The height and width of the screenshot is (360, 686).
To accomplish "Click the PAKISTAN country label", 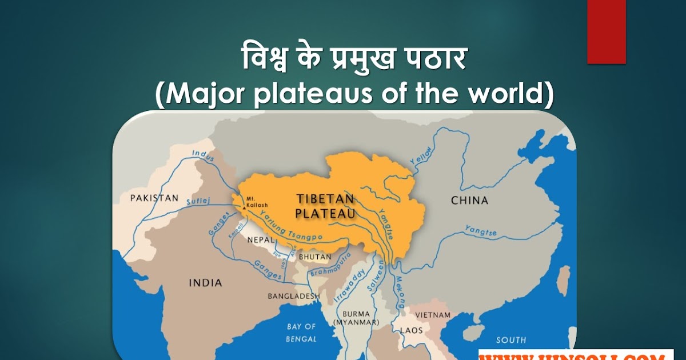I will [154, 198].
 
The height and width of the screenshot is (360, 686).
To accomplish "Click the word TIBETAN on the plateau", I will [325, 199].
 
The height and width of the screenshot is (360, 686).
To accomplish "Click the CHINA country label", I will [469, 201].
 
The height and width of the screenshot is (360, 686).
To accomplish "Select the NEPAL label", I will [261, 240].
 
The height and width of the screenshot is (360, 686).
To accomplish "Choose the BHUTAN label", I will [315, 257].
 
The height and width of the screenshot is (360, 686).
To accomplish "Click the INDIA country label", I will [206, 283].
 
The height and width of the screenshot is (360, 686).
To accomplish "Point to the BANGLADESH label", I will [294, 296].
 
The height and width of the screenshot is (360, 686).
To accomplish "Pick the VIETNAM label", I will [433, 315].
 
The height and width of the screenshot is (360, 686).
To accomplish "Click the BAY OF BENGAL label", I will [301, 333].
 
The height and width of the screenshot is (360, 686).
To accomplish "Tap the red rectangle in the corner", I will [606, 31].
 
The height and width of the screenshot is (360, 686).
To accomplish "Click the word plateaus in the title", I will [320, 95].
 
